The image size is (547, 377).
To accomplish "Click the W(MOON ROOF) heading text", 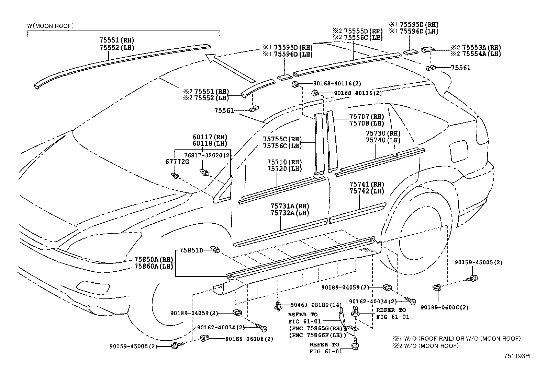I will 50,26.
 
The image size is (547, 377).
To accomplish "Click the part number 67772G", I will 180,162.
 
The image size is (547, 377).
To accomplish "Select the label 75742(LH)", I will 367,191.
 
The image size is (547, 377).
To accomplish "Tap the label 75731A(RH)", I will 290,206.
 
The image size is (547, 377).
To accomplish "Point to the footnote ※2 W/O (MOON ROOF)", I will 426,346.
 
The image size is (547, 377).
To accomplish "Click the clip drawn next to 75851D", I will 216,249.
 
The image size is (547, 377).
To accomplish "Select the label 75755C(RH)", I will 282,139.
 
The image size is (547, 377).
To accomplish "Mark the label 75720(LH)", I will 284,169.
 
